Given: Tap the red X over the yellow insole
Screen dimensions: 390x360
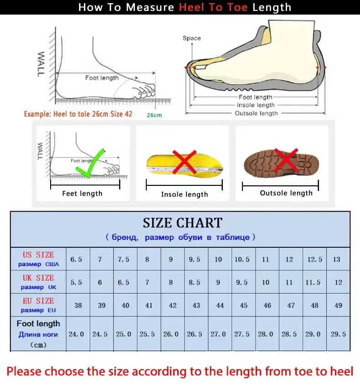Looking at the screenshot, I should (x=184, y=162).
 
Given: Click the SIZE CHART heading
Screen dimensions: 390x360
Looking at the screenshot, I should (x=182, y=223).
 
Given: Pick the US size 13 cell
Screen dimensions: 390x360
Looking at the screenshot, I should (x=337, y=259).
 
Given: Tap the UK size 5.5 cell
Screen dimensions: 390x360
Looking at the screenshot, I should (x=76, y=282).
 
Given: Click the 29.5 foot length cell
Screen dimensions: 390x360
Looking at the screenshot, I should (x=338, y=334).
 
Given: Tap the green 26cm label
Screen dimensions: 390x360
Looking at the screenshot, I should (x=154, y=115).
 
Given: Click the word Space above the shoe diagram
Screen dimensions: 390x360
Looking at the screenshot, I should (x=191, y=38).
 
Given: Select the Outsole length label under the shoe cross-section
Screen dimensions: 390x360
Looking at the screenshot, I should (x=256, y=113).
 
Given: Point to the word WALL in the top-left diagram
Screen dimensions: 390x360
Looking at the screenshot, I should (x=41, y=64).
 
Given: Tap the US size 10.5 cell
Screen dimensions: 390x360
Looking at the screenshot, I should (x=242, y=259).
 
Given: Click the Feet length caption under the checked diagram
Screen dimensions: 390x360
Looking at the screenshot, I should (x=82, y=194).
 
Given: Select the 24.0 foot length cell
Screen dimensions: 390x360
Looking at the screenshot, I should (x=76, y=334).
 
